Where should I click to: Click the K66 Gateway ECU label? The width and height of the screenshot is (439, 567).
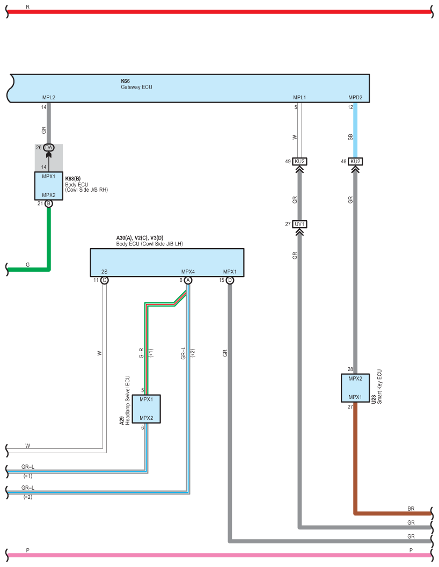(136, 84)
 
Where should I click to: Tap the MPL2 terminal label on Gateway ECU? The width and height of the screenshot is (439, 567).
(49, 97)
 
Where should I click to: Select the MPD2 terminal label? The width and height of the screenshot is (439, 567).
(355, 97)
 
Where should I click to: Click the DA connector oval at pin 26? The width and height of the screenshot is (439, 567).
(49, 148)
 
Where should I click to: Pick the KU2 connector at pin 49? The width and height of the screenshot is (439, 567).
(299, 161)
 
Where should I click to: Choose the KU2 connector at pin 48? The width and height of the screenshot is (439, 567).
(355, 161)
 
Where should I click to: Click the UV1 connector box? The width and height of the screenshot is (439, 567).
(299, 224)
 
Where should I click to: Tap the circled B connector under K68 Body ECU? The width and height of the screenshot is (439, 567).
(49, 203)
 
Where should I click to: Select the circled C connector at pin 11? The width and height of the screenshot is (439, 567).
(105, 280)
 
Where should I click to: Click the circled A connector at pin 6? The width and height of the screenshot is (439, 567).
(188, 280)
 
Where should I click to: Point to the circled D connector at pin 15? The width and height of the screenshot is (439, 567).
(230, 280)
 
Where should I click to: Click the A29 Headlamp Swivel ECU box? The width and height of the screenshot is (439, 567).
(147, 409)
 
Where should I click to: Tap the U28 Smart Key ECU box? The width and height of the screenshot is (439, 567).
(355, 388)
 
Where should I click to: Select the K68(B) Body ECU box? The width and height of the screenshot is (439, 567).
(49, 186)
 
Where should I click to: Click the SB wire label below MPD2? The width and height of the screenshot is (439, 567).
(350, 137)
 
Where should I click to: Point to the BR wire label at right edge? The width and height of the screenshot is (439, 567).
(411, 508)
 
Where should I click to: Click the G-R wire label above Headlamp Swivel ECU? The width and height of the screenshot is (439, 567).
(141, 353)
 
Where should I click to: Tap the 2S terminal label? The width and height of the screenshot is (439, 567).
(105, 272)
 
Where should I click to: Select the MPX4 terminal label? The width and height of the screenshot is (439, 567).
(188, 272)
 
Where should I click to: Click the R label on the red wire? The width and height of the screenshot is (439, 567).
(28, 7)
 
